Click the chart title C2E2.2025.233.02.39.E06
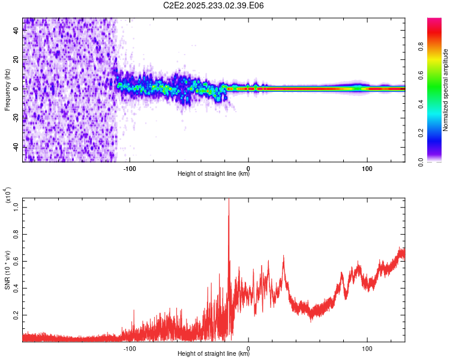214,6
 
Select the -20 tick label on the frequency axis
16,118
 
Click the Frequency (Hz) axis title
8,90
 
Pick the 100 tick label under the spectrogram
367,167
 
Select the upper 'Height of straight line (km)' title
214,175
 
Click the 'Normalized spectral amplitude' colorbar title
445,90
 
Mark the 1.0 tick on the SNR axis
17,207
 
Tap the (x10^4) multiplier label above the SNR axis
8,196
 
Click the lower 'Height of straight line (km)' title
214,355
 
